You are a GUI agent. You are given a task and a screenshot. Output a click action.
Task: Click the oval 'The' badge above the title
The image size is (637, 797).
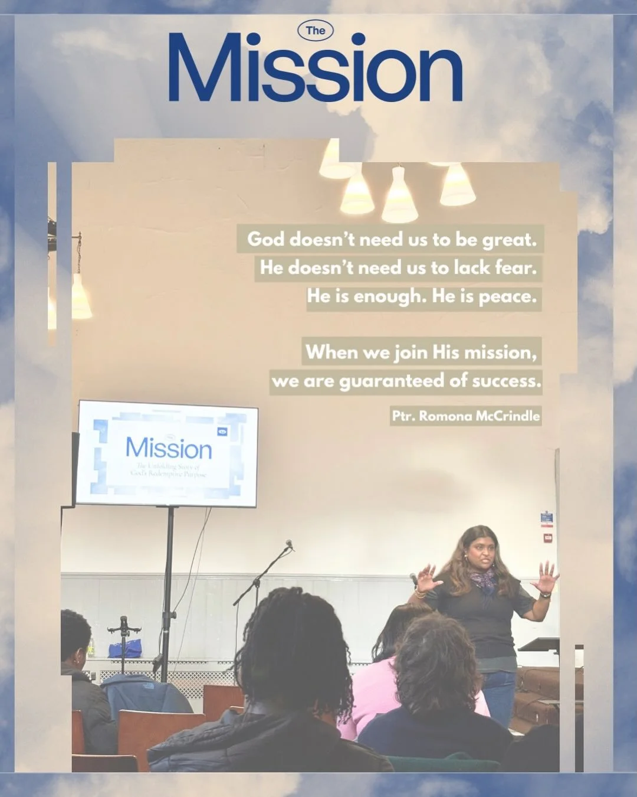[x=316, y=31]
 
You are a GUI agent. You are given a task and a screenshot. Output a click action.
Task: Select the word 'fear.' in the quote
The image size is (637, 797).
[x=515, y=268]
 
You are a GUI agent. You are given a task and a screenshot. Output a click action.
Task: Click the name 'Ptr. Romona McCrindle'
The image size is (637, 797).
[x=465, y=416]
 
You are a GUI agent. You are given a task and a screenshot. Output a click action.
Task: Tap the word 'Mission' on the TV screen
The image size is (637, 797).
[x=169, y=449]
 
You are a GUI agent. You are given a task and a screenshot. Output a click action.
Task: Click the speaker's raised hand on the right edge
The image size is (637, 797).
[x=546, y=577]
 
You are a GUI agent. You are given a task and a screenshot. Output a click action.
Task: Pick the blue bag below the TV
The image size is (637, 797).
[x=124, y=649]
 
